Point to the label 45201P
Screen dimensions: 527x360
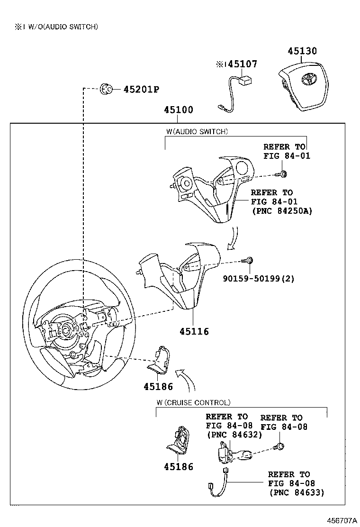click(x=141, y=89)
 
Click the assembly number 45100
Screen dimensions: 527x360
click(x=179, y=110)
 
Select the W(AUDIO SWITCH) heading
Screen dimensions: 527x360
click(x=197, y=131)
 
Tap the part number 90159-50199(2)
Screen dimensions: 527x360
click(x=259, y=279)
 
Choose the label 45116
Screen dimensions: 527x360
click(x=194, y=331)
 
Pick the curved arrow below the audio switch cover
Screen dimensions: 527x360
click(x=233, y=238)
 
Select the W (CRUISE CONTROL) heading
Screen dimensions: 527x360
click(x=193, y=402)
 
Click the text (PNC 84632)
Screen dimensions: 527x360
click(x=234, y=434)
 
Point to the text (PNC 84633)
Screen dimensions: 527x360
click(x=297, y=492)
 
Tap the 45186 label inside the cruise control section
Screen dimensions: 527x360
click(x=179, y=467)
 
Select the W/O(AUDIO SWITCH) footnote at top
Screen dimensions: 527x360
click(x=56, y=27)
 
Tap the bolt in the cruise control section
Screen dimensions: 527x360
click(x=280, y=446)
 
